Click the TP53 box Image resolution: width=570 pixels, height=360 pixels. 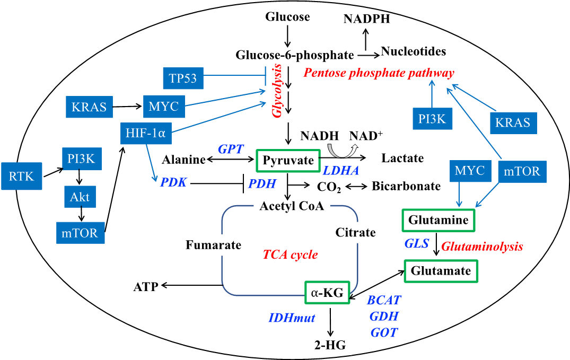183,79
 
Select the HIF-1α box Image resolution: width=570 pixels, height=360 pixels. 146,133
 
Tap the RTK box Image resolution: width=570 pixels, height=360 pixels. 21,176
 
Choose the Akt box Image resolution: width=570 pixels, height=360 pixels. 80,197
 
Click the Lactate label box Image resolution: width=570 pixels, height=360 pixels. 402,158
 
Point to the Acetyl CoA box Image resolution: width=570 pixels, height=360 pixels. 292,206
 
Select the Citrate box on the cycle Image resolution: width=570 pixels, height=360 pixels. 355,232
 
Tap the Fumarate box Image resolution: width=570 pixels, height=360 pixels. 213,245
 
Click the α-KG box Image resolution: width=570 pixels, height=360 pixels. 327,292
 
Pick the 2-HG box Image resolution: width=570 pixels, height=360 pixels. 330,346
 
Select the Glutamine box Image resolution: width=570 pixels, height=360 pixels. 439,221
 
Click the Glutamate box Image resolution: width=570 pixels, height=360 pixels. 441,271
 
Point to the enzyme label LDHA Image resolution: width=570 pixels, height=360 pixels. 341,171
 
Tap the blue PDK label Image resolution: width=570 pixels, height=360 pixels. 173,182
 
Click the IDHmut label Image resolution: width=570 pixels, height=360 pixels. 292,318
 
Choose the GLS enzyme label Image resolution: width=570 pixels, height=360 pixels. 417,243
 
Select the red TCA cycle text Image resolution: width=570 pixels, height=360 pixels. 290,255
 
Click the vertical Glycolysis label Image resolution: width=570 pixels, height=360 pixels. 277,91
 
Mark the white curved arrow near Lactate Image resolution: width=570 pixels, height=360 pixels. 343,151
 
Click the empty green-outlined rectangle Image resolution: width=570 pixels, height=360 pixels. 288,161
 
